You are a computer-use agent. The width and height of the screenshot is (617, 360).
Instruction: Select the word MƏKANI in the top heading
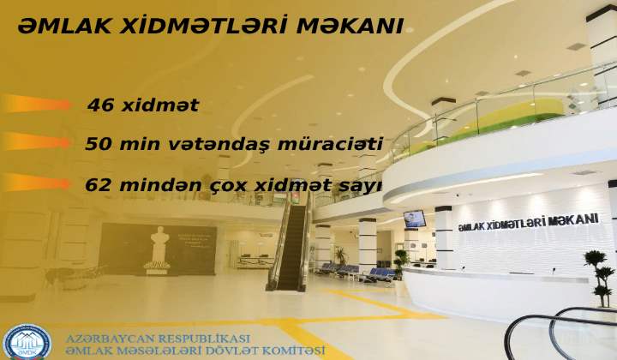point(350,26)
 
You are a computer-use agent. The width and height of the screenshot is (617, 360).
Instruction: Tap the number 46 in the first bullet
point(101,105)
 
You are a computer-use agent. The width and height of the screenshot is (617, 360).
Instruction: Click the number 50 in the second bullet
point(99,144)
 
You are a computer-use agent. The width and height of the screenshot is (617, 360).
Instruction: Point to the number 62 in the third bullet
point(99,185)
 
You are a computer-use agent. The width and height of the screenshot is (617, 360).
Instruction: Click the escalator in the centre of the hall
point(291,244)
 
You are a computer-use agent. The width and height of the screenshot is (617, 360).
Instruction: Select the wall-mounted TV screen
point(415,219)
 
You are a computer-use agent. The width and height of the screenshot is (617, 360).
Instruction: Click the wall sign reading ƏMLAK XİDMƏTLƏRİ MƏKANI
point(528,223)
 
